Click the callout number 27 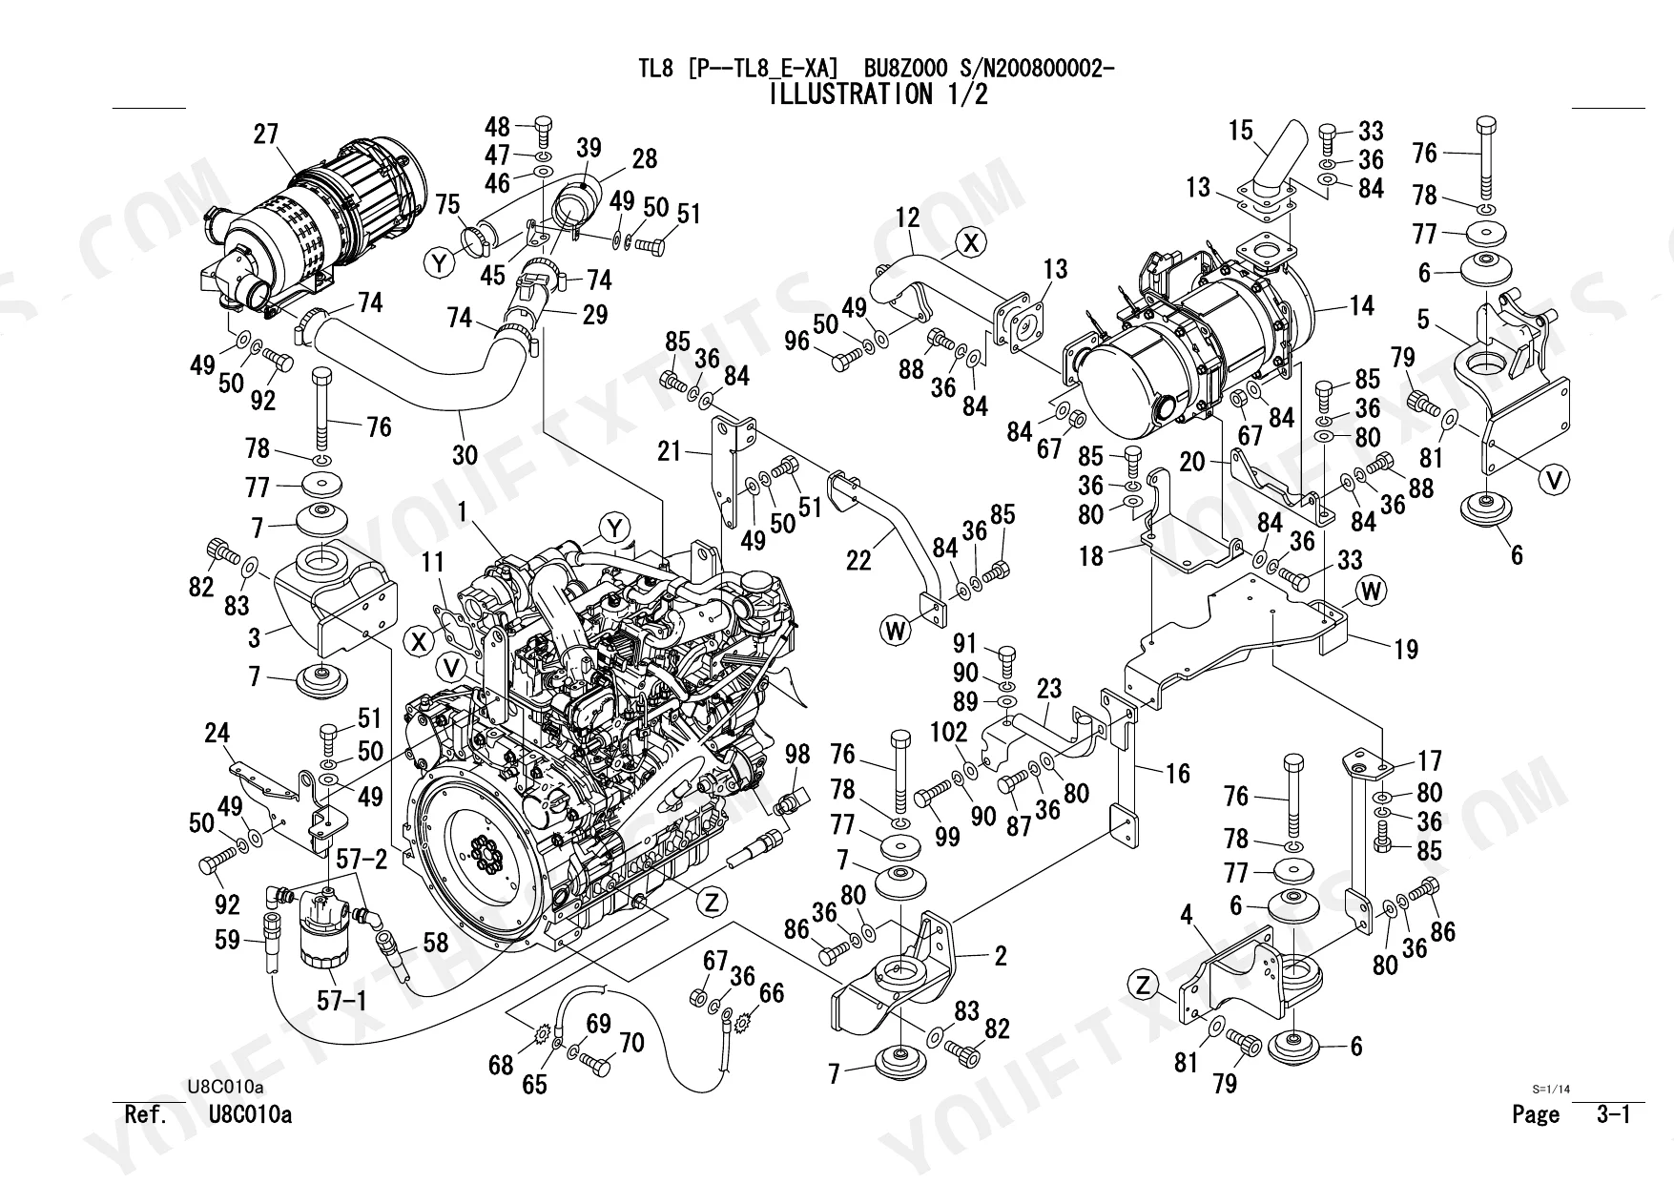[x=266, y=135]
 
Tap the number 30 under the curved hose [x=465, y=454]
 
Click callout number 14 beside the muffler [x=1362, y=305]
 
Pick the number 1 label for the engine [x=463, y=512]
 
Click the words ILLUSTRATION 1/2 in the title [x=877, y=94]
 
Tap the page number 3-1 [x=1614, y=1113]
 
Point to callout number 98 [x=796, y=754]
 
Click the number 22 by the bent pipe [x=858, y=560]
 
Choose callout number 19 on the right [x=1406, y=650]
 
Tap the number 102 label [x=948, y=732]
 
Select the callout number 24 [x=217, y=733]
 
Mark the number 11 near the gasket [x=433, y=562]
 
